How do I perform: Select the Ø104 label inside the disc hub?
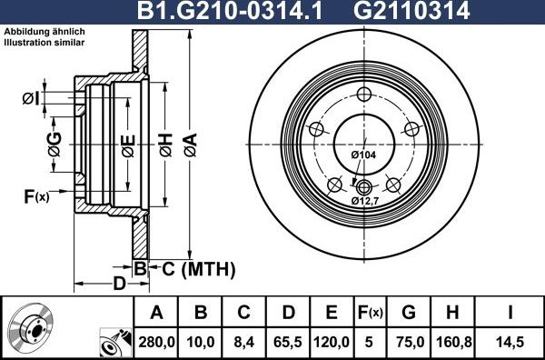point(363,155)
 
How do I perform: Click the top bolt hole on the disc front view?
point(364,95)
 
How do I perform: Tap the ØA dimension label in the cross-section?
point(191,143)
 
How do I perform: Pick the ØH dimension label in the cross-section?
point(164,143)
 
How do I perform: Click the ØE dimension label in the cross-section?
point(127,143)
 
